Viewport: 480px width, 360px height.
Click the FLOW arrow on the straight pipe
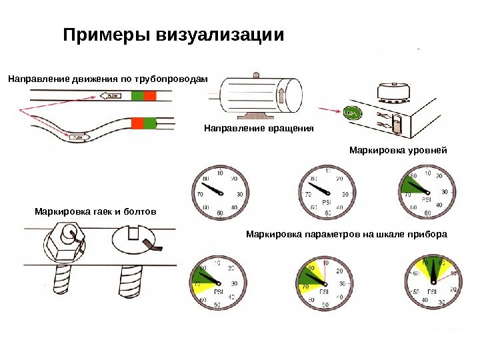(111, 96)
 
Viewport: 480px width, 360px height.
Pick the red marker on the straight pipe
(150, 96)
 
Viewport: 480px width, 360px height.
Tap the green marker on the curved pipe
(149, 123)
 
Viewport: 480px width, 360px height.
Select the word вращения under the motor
(291, 127)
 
